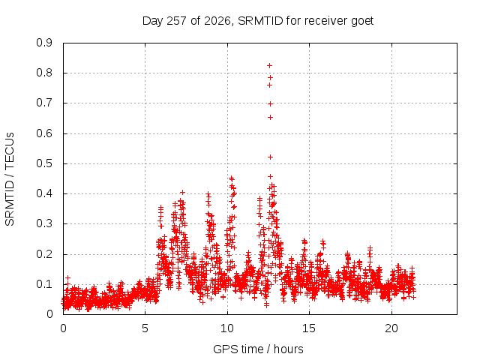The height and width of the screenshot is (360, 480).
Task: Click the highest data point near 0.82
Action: (270, 65)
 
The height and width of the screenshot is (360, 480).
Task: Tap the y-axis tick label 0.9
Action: (44, 43)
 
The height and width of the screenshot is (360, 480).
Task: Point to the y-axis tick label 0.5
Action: (44, 163)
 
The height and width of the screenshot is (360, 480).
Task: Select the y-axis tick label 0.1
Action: (44, 284)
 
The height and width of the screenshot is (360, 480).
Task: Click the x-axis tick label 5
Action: (145, 328)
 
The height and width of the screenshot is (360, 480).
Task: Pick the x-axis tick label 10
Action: (227, 328)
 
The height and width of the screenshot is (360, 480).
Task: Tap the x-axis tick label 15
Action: (309, 328)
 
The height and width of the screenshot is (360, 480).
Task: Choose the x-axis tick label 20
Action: (391, 328)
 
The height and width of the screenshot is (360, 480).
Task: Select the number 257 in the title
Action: (177, 21)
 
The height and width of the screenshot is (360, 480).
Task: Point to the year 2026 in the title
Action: (217, 21)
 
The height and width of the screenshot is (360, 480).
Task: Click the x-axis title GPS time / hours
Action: (258, 349)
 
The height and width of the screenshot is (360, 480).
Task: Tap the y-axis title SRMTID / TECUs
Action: (10, 179)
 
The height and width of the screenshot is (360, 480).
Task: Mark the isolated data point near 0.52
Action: (270, 157)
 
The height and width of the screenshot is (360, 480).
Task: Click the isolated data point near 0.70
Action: (270, 104)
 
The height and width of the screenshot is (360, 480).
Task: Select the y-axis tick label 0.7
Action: (44, 103)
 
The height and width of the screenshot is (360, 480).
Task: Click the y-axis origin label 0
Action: (49, 314)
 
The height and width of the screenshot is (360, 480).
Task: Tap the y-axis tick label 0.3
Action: (44, 223)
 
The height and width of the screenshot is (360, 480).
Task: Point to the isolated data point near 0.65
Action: (270, 118)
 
